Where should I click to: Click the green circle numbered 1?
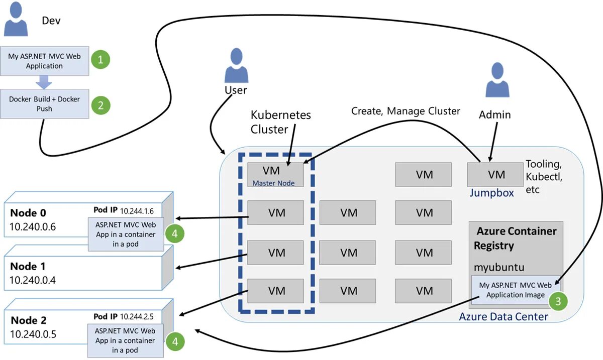tap(100, 60)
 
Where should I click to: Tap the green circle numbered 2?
tap(100, 105)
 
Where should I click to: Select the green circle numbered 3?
tap(558, 301)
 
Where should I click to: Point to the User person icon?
tap(235, 65)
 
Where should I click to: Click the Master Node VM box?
tap(275, 175)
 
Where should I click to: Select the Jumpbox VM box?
tap(496, 175)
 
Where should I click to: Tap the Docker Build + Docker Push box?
tap(44, 104)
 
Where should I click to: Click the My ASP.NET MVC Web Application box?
tap(44, 61)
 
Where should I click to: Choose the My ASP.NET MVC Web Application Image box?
tap(515, 290)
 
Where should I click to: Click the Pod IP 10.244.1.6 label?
tap(124, 210)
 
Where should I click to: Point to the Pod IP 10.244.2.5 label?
tap(124, 317)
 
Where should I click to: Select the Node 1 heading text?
tap(31, 266)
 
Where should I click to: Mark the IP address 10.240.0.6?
tap(33, 226)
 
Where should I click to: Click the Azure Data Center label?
tap(503, 317)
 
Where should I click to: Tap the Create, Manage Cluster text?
tap(405, 111)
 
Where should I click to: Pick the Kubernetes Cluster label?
tap(280, 122)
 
